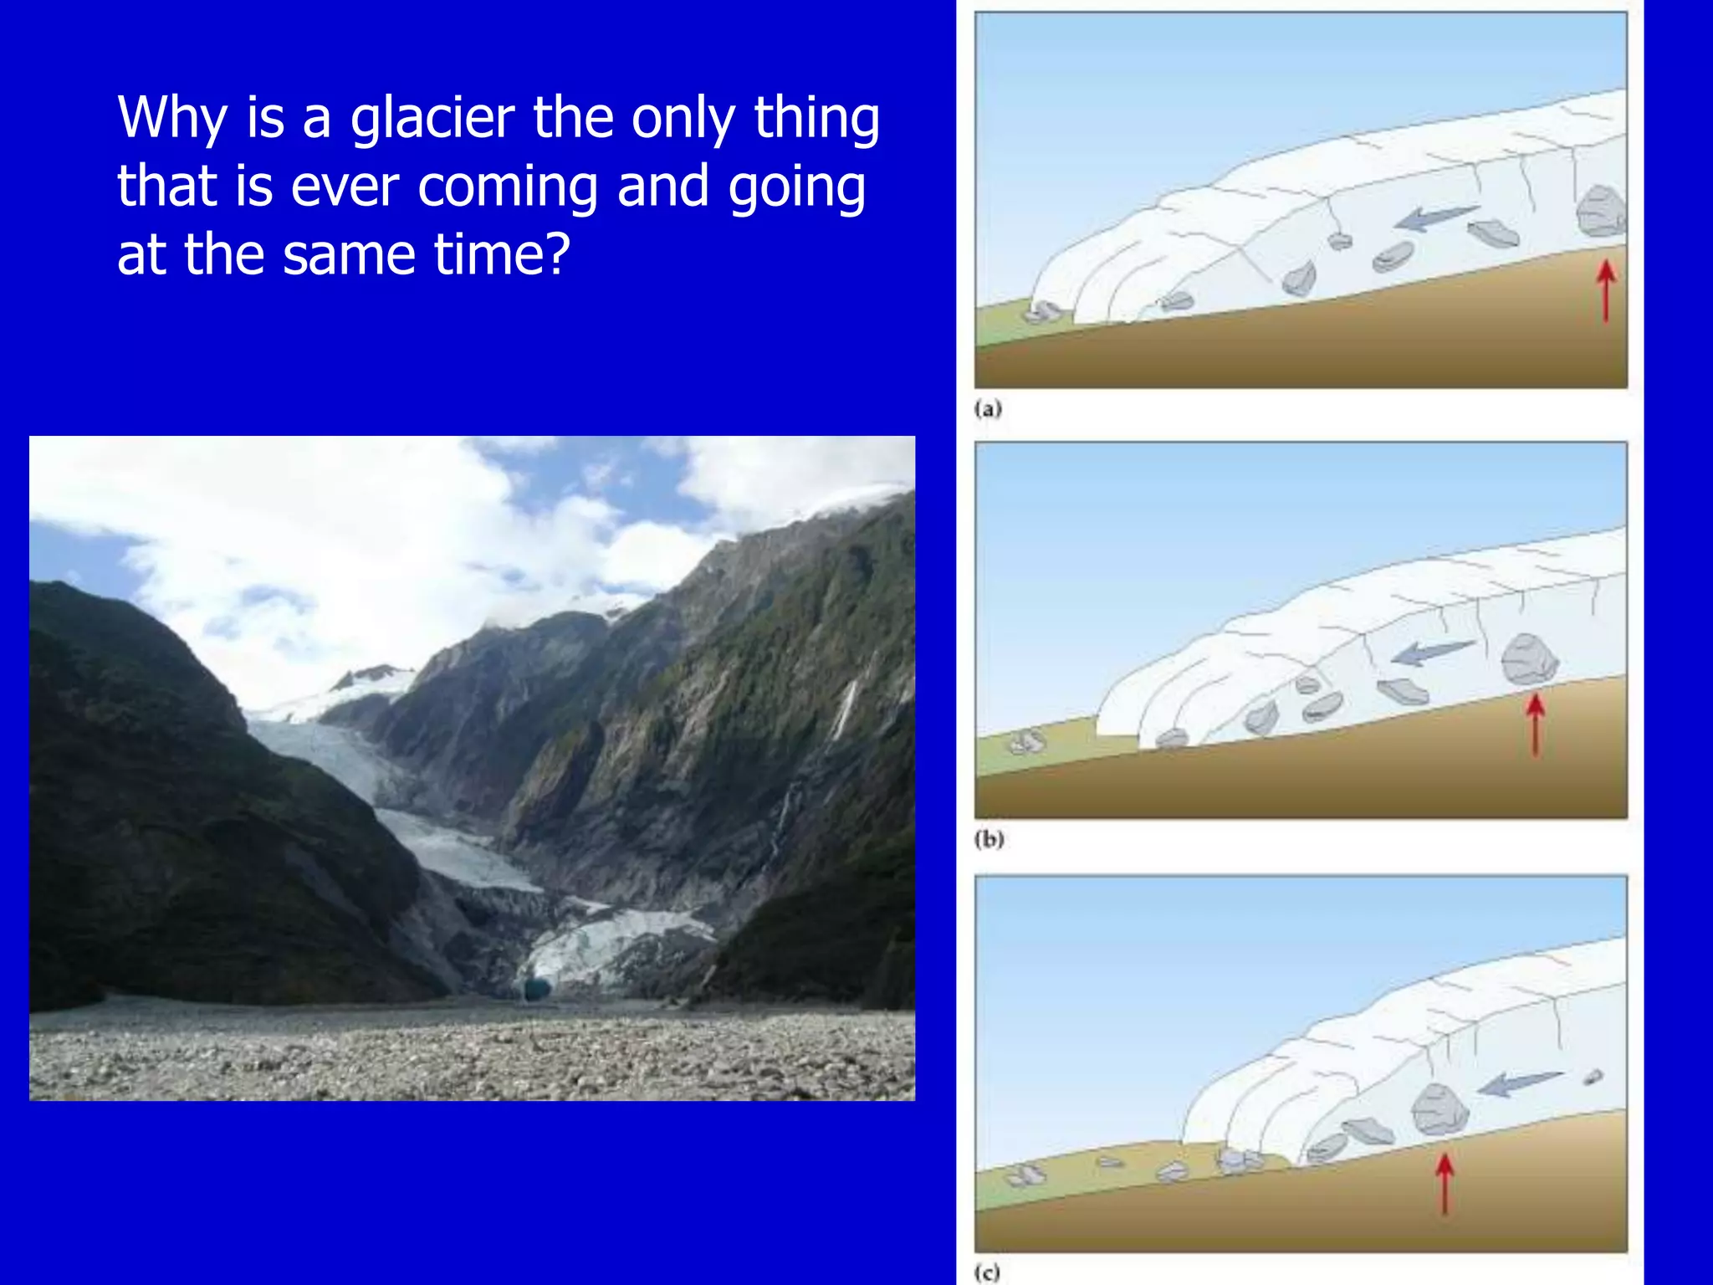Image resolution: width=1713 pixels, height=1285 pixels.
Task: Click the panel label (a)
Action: click(x=988, y=409)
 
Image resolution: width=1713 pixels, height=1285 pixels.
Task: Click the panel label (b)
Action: click(x=989, y=839)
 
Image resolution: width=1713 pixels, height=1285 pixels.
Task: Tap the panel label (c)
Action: click(x=988, y=1272)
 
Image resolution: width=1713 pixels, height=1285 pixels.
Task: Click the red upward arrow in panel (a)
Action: click(x=1605, y=290)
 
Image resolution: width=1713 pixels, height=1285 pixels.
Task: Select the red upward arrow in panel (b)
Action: click(x=1534, y=724)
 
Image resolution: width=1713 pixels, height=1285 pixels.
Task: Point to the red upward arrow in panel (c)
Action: click(x=1445, y=1183)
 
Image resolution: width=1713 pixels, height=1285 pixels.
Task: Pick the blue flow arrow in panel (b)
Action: click(x=1432, y=652)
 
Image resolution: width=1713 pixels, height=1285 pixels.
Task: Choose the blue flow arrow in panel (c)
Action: click(x=1518, y=1083)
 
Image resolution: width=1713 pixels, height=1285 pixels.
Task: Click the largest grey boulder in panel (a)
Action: click(x=1600, y=211)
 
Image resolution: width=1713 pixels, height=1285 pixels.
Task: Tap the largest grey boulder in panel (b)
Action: click(x=1529, y=659)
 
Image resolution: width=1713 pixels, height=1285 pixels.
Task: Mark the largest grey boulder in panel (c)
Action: click(x=1439, y=1109)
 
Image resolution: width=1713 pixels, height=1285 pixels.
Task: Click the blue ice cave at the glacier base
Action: click(x=536, y=990)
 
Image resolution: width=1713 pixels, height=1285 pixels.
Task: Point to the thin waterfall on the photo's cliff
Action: click(x=845, y=711)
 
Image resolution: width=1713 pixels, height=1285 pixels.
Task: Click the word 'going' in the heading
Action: click(x=796, y=187)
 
